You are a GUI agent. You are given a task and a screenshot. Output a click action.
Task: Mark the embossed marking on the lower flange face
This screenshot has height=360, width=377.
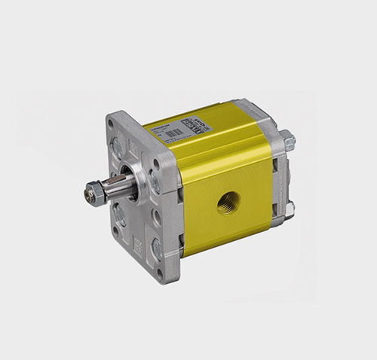[136, 245]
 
